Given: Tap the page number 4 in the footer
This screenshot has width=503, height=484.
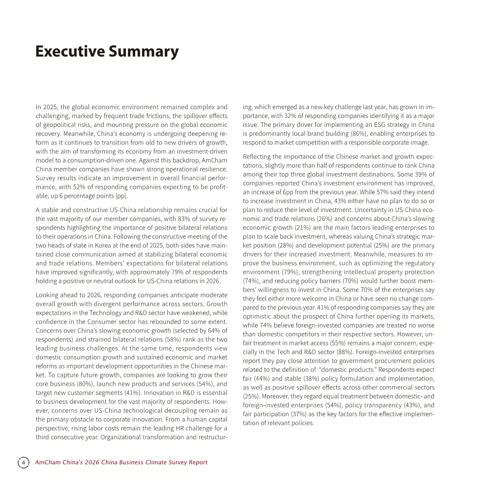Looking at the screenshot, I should (23, 462).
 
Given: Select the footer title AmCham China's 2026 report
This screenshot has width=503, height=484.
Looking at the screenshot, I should (121, 462).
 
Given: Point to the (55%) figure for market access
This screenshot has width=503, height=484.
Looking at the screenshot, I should (333, 343).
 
